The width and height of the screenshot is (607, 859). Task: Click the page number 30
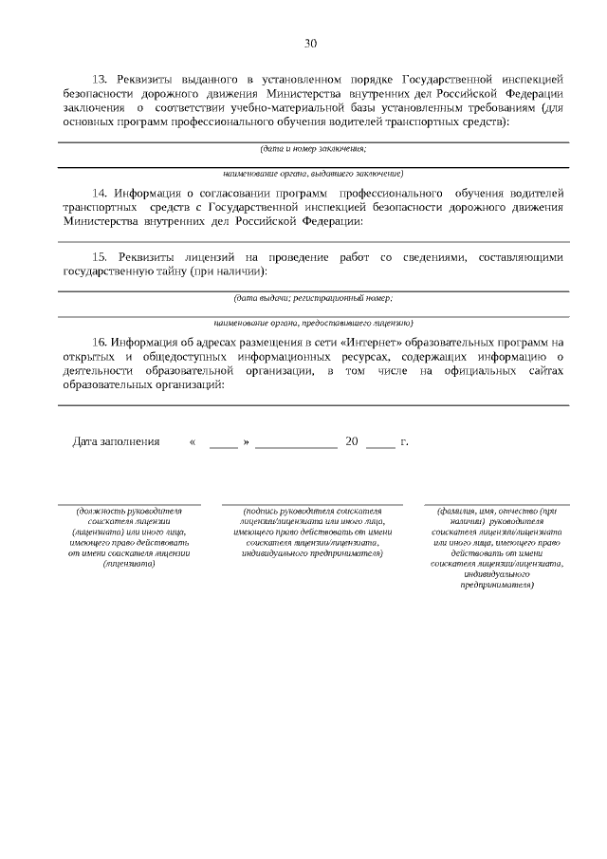(x=311, y=43)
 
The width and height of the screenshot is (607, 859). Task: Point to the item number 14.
(x=97, y=192)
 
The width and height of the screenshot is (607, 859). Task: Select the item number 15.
(x=98, y=257)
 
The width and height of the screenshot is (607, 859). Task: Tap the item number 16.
(x=97, y=342)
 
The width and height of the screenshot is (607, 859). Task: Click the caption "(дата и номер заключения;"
(x=313, y=149)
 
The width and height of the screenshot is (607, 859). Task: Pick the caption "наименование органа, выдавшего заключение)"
(x=313, y=174)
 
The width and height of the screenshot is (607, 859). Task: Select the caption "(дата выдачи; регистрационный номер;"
(x=313, y=298)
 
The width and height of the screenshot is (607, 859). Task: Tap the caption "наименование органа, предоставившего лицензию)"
(x=313, y=323)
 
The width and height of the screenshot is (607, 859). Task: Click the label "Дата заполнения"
(x=117, y=442)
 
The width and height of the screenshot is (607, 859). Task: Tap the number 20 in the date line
(x=351, y=442)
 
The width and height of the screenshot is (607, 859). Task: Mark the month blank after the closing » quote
(x=296, y=443)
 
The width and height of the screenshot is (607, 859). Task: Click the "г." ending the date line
(x=405, y=442)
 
